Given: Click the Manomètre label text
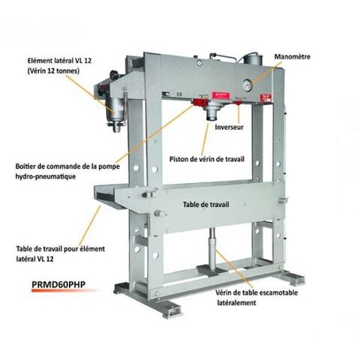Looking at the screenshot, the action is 292,57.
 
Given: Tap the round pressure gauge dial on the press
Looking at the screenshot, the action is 247,85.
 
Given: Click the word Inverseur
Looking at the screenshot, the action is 229,127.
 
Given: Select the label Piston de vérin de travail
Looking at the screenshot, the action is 207,159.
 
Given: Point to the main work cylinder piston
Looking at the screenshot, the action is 212,112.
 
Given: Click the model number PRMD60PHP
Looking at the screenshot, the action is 58,284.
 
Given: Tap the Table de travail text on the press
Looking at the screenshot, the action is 205,205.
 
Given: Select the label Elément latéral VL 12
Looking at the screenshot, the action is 59,61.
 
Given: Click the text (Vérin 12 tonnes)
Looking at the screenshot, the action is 53,71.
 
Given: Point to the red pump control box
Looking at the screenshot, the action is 199,102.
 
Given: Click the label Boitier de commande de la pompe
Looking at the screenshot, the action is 67,166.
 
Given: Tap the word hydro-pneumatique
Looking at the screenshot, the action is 46,176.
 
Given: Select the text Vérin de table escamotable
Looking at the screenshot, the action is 256,292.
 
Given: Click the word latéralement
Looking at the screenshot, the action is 236,303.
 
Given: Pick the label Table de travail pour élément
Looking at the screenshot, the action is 61,249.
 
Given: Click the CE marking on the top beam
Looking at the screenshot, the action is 179,94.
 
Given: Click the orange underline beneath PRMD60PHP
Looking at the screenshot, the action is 65,290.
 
